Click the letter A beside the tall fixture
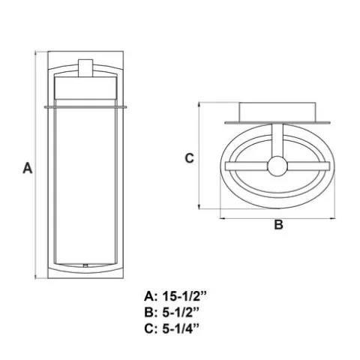(28, 168)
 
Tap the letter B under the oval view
(279, 224)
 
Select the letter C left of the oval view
(189, 158)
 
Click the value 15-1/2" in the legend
(184, 297)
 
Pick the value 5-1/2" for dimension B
(181, 313)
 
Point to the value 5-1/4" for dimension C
(181, 328)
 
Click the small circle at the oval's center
(277, 166)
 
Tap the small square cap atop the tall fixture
(85, 68)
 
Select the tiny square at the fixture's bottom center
(85, 265)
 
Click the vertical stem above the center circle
(277, 140)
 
